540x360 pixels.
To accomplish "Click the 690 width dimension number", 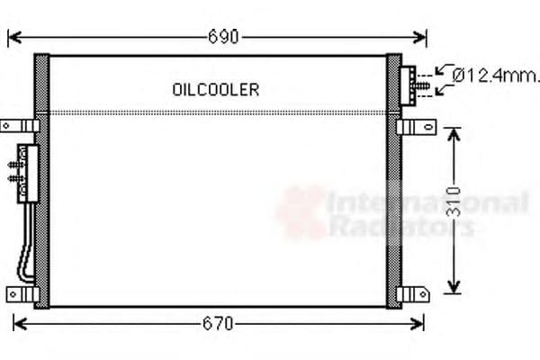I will [x=223, y=37].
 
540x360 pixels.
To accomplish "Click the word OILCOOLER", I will [x=215, y=89].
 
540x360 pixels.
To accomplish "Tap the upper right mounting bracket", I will [x=418, y=125].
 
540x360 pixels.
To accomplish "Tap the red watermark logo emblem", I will [x=301, y=212].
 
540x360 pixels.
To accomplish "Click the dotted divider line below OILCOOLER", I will [x=216, y=112].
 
